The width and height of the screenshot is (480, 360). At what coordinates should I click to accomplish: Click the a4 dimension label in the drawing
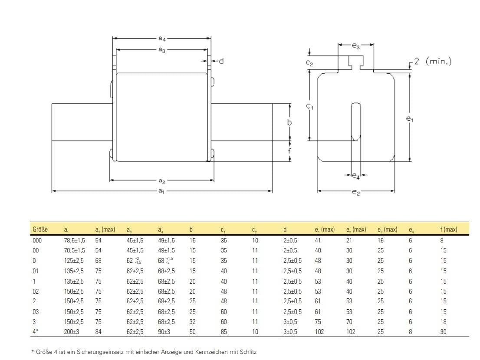(x=162, y=39)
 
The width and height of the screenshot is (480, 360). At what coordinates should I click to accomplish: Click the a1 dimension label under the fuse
(x=161, y=191)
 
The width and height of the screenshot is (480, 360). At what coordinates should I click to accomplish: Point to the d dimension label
(x=221, y=62)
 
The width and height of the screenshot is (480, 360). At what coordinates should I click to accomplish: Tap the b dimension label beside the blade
(x=289, y=123)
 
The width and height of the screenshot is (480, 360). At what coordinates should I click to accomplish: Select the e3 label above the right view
(x=355, y=45)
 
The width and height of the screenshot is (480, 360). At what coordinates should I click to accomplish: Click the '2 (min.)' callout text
(x=432, y=62)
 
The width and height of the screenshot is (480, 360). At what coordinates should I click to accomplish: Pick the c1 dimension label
(x=309, y=106)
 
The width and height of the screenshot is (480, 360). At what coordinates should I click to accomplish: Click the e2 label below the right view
(x=356, y=192)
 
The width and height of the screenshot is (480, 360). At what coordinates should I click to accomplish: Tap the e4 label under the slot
(x=355, y=176)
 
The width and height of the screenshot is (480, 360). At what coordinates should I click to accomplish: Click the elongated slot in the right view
(x=355, y=121)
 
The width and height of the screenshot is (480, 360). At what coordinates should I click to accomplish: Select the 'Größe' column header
(x=40, y=229)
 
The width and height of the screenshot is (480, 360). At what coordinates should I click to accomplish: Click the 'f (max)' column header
(x=448, y=229)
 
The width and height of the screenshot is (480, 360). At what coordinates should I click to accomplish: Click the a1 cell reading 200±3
(x=71, y=332)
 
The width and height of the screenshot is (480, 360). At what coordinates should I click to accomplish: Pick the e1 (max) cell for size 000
(x=318, y=240)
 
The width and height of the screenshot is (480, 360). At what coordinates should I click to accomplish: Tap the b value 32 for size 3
(x=193, y=322)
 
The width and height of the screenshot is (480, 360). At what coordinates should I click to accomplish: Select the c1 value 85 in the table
(x=224, y=332)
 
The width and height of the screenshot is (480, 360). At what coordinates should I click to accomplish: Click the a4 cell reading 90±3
(x=165, y=332)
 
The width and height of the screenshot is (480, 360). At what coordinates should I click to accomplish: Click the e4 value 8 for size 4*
(x=410, y=332)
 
